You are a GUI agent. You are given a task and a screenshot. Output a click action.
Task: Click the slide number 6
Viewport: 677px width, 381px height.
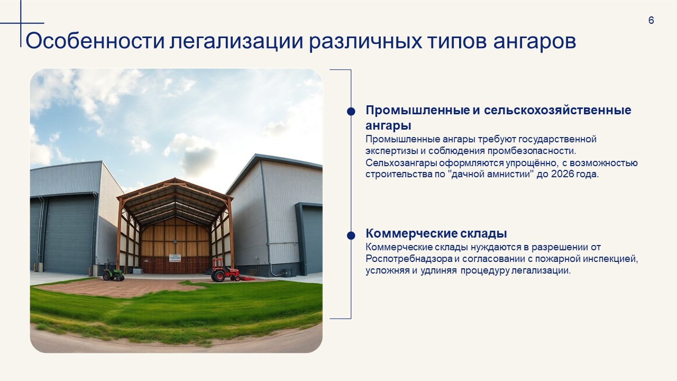tap(651, 20)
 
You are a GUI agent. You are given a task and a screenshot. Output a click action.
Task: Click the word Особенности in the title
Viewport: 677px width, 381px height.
tap(95, 41)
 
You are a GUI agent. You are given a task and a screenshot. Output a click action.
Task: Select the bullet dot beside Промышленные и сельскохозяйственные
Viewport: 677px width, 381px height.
tap(351, 111)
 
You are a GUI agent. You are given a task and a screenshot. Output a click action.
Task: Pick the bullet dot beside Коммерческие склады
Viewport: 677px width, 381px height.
tap(351, 235)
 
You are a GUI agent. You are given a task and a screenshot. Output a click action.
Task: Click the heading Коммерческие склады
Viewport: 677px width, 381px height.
tap(436, 233)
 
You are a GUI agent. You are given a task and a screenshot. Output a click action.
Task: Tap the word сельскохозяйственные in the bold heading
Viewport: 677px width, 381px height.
tap(557, 110)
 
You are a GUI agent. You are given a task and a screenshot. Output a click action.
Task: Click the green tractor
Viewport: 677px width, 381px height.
tap(113, 272)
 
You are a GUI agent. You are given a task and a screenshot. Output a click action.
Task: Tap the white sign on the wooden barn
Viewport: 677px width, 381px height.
tap(175, 258)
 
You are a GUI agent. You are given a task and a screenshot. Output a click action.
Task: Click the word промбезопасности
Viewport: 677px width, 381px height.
tap(532, 151)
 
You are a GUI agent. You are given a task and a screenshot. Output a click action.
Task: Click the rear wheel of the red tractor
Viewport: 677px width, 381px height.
tap(218, 276)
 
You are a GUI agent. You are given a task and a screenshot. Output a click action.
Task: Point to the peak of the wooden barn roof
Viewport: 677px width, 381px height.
tap(175, 179)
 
